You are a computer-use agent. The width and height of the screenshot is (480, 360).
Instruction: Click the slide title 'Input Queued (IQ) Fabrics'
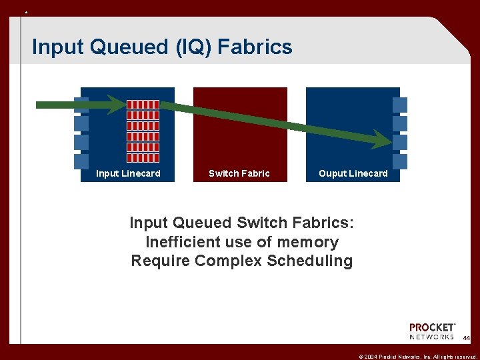(x=162, y=47)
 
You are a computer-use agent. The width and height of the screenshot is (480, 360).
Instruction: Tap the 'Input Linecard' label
(x=128, y=173)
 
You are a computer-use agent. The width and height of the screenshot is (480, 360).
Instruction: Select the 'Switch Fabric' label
(x=239, y=173)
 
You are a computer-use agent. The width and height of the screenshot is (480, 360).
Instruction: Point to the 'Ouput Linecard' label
(x=353, y=173)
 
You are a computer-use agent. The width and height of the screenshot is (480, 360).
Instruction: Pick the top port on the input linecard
(x=81, y=105)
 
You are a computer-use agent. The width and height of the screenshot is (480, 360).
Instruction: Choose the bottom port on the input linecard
(x=81, y=161)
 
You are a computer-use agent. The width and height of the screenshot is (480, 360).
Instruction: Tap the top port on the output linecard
(x=399, y=105)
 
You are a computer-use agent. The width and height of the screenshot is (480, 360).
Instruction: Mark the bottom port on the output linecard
(x=399, y=161)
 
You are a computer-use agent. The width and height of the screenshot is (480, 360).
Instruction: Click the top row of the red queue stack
(x=143, y=105)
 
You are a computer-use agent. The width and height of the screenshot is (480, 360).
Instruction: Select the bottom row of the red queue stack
(x=143, y=158)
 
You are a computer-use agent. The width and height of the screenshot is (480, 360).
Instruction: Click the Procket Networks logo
(x=432, y=331)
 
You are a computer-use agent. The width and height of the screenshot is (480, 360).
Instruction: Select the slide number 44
(x=467, y=339)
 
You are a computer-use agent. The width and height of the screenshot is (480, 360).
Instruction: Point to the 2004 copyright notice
(x=415, y=354)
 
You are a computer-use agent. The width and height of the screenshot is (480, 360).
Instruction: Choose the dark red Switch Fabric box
(x=240, y=127)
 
